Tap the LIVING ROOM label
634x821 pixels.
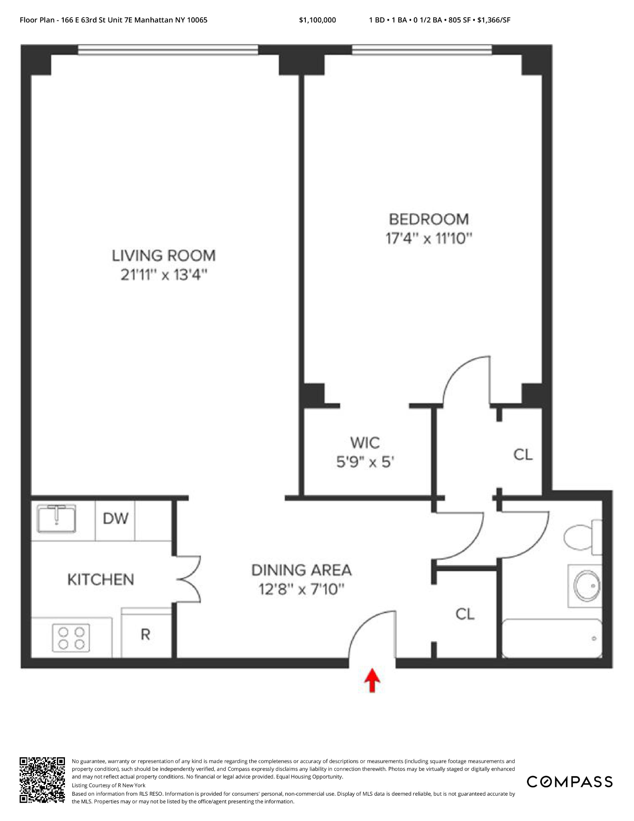[x=164, y=255]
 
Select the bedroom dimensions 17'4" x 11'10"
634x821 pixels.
[x=428, y=239]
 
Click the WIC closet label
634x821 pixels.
[x=365, y=443]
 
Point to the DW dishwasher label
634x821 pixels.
[x=115, y=519]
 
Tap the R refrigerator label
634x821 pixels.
[x=145, y=635]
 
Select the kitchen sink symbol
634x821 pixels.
[x=57, y=518]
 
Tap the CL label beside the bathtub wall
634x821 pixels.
[x=465, y=614]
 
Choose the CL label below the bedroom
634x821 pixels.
[x=523, y=455]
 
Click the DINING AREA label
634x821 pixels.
[x=301, y=570]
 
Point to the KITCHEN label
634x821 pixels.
[x=101, y=580]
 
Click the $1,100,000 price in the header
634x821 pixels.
[x=317, y=20]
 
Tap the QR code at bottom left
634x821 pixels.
[x=42, y=780]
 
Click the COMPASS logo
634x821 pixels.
[x=569, y=782]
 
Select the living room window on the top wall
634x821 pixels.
[x=168, y=50]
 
